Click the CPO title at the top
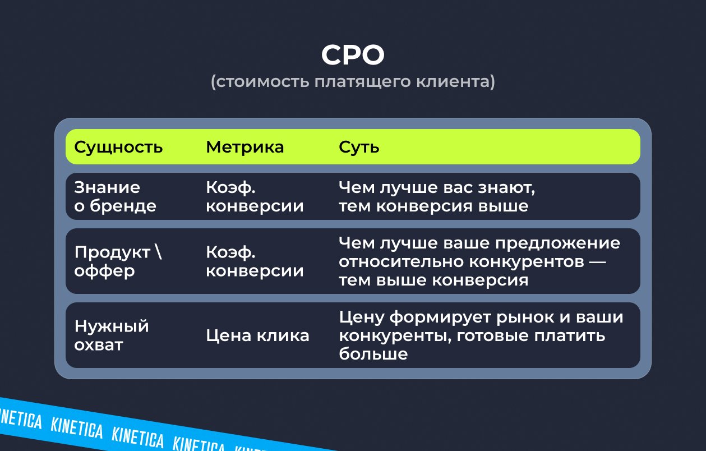click(x=353, y=55)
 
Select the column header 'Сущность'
click(x=118, y=147)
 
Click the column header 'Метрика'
click(x=245, y=147)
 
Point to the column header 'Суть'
click(x=359, y=147)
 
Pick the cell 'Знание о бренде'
click(x=116, y=196)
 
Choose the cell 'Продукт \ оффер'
click(x=118, y=261)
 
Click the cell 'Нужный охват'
click(x=112, y=335)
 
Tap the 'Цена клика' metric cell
click(x=257, y=335)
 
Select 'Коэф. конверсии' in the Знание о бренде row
click(x=255, y=196)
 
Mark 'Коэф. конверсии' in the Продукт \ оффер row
click(x=255, y=261)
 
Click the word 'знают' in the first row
click(x=506, y=188)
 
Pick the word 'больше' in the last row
click(x=373, y=353)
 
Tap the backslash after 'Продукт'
click(x=159, y=252)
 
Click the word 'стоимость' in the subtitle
click(x=263, y=82)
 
